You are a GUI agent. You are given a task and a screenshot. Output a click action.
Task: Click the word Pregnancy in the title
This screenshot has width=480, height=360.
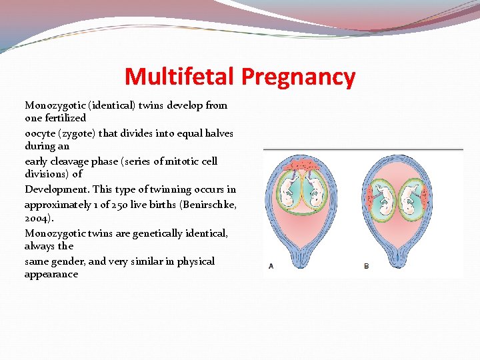pyautogui.click(x=298, y=77)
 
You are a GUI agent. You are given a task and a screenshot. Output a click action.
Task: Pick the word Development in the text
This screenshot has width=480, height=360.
pyautogui.click(x=55, y=189)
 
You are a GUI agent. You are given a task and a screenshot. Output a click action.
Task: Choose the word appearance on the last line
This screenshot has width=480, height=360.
pyautogui.click(x=51, y=274)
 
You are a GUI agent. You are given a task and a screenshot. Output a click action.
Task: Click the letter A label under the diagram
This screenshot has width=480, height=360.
pyautogui.click(x=271, y=266)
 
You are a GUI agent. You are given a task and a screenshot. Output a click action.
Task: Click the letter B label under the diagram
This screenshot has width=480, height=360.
pyautogui.click(x=366, y=266)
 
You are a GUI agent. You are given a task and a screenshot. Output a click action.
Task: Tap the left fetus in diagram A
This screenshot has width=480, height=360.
pyautogui.click(x=291, y=187)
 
